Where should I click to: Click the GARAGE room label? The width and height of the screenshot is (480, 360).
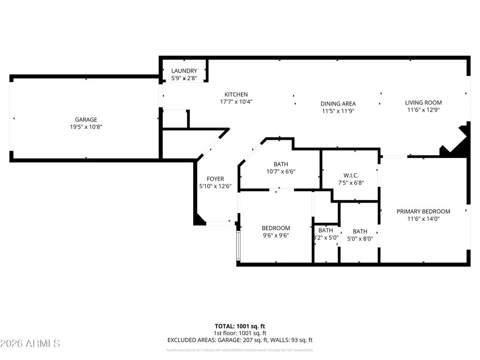tap(86, 120)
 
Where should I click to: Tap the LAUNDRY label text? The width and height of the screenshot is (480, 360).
tap(184, 71)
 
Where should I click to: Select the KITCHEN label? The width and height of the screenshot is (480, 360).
tap(236, 94)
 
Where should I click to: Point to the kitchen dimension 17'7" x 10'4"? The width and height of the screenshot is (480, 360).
tap(236, 102)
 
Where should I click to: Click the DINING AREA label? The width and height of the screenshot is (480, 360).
tap(338, 104)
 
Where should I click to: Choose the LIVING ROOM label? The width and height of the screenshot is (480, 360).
tap(423, 103)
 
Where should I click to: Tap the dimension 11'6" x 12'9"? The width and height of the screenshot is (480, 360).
tap(423, 110)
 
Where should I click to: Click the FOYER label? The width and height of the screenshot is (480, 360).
tap(216, 179)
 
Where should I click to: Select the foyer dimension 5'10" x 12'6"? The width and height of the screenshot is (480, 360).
tap(216, 186)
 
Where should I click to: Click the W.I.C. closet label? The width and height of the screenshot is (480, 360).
tap(351, 175)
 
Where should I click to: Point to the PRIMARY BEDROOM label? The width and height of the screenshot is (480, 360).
tap(423, 211)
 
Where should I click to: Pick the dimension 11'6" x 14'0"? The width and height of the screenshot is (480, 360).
tap(423, 219)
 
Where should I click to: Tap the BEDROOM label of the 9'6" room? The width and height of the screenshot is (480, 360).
tap(276, 228)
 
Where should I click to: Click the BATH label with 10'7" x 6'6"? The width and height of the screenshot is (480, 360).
tap(281, 164)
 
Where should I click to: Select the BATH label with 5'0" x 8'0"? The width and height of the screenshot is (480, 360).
tap(360, 231)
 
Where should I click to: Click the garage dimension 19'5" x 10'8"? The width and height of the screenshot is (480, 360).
tap(86, 127)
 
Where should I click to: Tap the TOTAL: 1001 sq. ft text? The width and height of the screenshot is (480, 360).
tap(240, 326)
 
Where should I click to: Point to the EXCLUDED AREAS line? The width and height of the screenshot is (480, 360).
tap(240, 340)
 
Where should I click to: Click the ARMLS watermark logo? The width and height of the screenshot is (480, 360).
tap(30, 344)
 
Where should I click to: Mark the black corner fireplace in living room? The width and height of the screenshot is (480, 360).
tap(459, 142)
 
